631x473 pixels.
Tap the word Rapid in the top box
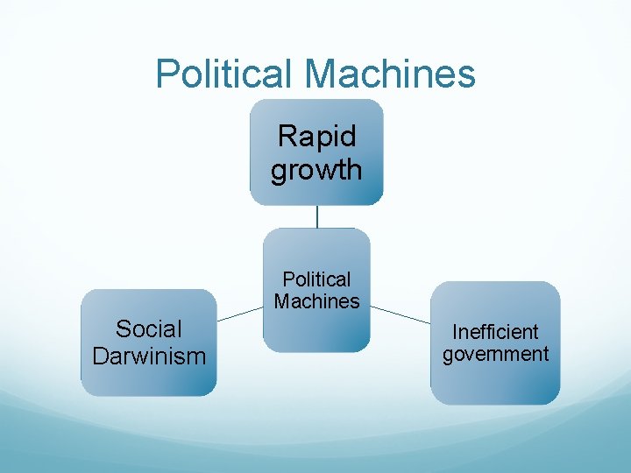tap(316, 137)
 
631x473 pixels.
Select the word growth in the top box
tap(316, 170)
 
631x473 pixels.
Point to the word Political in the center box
tap(316, 279)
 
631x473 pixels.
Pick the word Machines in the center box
tap(316, 301)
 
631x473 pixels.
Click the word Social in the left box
tap(149, 329)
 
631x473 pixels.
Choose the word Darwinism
tap(149, 357)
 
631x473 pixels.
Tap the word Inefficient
tap(495, 332)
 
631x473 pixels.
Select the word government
tap(495, 355)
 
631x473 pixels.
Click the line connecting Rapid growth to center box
tap(317, 216)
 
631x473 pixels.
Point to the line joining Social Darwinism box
tap(239, 314)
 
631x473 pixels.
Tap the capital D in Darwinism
tap(99, 357)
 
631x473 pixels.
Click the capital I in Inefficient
tap(455, 332)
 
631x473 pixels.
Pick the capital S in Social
tap(123, 329)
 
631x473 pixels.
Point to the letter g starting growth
tap(279, 172)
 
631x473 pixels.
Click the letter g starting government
tap(448, 357)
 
